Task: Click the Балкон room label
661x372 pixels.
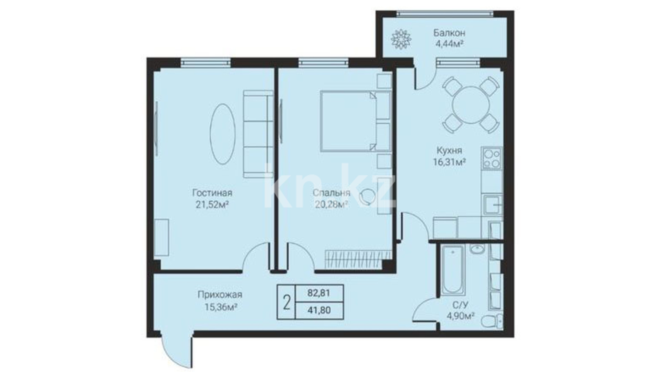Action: click(449, 33)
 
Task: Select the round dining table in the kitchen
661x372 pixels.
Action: click(471, 105)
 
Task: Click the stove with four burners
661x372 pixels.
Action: click(492, 158)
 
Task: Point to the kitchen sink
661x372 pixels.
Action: click(492, 205)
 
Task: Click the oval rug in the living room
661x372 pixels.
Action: click(223, 134)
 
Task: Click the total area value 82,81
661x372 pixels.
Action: click(318, 293)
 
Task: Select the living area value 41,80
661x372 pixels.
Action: click(319, 310)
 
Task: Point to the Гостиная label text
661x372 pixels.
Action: click(212, 193)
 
